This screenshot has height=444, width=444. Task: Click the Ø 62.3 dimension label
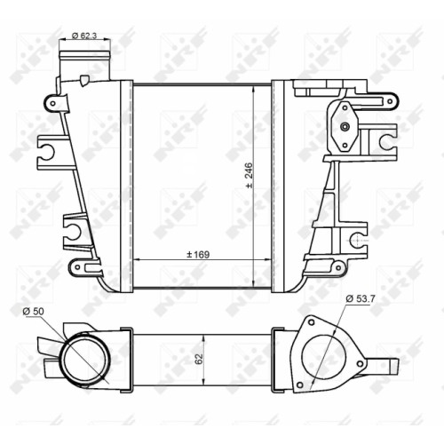[84, 36]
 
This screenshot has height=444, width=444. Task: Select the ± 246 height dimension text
[250, 175]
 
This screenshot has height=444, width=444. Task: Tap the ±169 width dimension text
[198, 255]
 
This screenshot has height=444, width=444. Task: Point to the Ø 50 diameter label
[34, 311]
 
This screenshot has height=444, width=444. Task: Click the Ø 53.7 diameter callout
[361, 298]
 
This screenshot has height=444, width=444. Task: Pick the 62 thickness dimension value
[199, 359]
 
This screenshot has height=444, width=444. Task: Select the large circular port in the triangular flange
[324, 357]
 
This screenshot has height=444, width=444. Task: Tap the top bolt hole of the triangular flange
[311, 322]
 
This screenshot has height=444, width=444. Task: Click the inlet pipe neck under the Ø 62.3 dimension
[84, 66]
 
